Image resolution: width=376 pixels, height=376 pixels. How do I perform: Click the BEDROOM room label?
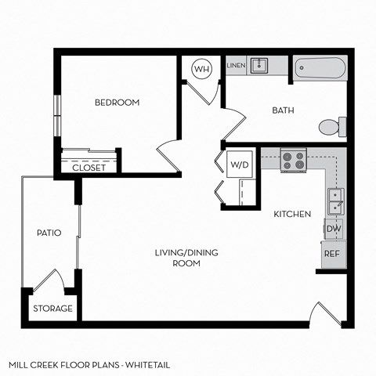click(x=117, y=103)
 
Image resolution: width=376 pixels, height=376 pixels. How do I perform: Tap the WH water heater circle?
click(x=202, y=69)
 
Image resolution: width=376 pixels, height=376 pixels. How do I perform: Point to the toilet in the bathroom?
click(x=331, y=126)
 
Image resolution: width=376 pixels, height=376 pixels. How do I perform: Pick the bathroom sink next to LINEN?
click(x=259, y=67)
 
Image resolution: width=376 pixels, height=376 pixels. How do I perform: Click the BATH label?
click(x=283, y=110)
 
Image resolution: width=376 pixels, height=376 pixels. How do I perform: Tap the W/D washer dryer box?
click(x=238, y=164)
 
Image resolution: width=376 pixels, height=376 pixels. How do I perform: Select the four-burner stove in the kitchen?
click(x=293, y=161)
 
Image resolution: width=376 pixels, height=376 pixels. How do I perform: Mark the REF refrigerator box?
click(x=332, y=255)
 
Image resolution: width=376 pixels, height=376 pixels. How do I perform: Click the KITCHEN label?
click(x=292, y=214)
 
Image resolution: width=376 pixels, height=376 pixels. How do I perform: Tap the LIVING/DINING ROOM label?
click(x=186, y=258)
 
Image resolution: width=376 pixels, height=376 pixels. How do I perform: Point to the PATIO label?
click(x=49, y=233)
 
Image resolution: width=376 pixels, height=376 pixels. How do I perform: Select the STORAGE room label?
click(x=53, y=309)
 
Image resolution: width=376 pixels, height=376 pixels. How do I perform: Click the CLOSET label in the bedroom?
click(x=89, y=168)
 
